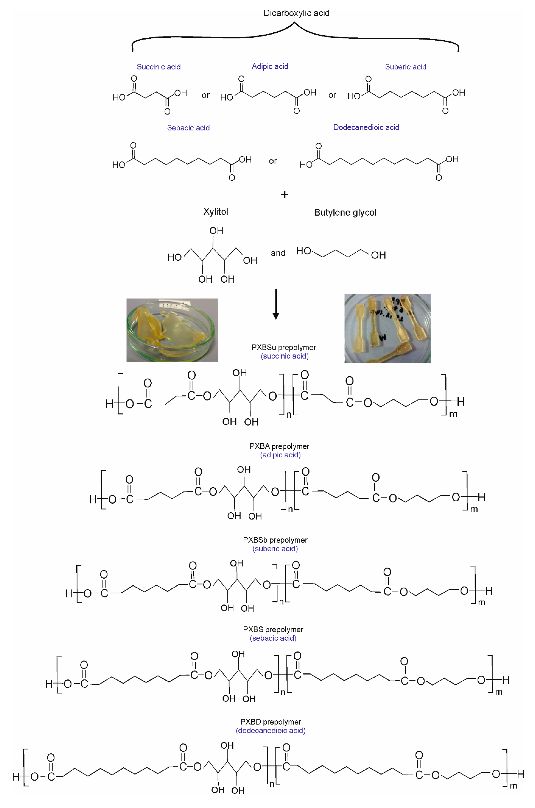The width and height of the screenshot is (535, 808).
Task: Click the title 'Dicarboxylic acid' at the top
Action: tap(296, 13)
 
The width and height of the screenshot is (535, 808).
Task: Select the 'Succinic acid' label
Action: tap(159, 67)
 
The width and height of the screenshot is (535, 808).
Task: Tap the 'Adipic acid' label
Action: tap(270, 67)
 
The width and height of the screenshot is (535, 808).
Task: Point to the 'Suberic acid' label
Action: tap(405, 67)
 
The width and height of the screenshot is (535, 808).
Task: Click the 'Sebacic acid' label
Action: tap(188, 128)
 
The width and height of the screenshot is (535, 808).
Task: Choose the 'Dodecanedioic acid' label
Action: tap(366, 127)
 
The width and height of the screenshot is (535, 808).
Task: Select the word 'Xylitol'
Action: tap(216, 212)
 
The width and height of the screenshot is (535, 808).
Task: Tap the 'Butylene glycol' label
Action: tap(345, 213)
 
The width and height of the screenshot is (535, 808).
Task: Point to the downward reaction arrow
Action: tap(276, 304)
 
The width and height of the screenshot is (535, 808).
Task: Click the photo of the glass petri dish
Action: tap(172, 330)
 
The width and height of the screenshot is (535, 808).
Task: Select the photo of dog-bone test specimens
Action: tap(387, 328)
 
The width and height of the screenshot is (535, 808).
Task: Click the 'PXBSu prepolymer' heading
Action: tap(284, 348)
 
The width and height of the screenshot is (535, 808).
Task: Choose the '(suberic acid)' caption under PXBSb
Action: tap(275, 549)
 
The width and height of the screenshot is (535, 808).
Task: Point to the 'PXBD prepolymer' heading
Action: tap(271, 722)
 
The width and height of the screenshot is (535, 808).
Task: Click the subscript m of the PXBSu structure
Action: tap(453, 414)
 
